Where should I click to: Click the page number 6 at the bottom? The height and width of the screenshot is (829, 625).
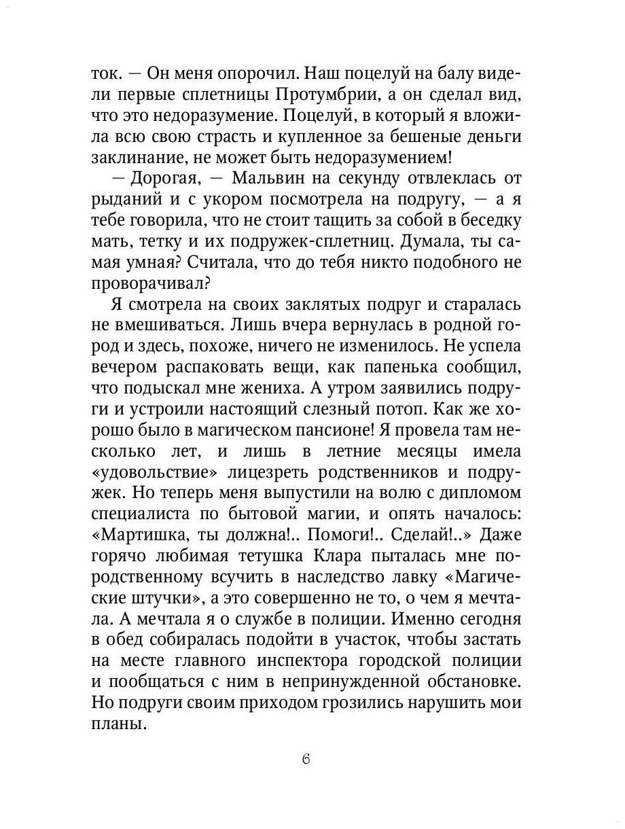[306, 759]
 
